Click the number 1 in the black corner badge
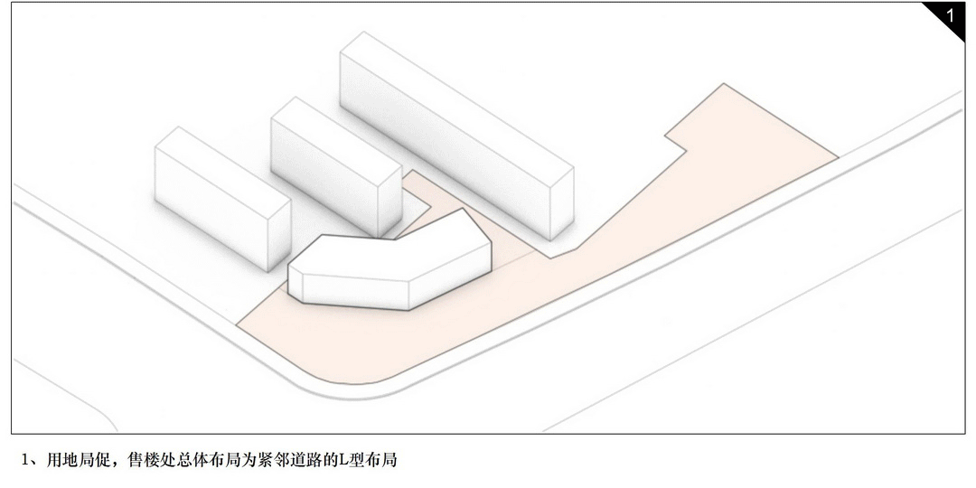coord(950,16)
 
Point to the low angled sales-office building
coord(389,271)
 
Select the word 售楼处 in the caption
coord(148,460)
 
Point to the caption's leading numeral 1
coord(27,460)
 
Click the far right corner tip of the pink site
coord(836,157)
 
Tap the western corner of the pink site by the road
coord(239,323)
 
